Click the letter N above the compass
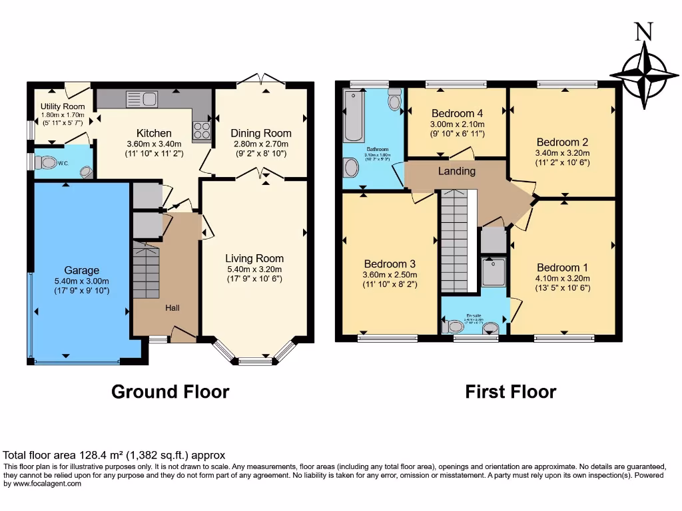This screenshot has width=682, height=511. tap(643, 32)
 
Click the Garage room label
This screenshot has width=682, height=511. tap(81, 270)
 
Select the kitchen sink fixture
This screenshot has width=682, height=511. tap(141, 100)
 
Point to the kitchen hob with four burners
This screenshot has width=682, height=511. tap(202, 130)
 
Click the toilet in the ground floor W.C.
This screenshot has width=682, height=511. tap(47, 162)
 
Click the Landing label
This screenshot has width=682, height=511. tap(456, 171)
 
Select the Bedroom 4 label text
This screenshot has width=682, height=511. tap(457, 113)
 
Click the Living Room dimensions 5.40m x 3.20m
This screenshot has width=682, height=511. tap(254, 269)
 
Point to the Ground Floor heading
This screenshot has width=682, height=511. tap(170, 392)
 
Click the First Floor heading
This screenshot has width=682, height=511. tap(510, 392)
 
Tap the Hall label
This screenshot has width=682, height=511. tap(172, 307)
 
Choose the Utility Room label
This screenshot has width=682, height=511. tap(63, 106)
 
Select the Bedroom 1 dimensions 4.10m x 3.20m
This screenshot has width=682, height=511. tap(563, 279)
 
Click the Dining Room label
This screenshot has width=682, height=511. tap(261, 133)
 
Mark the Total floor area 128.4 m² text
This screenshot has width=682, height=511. tap(115, 456)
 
